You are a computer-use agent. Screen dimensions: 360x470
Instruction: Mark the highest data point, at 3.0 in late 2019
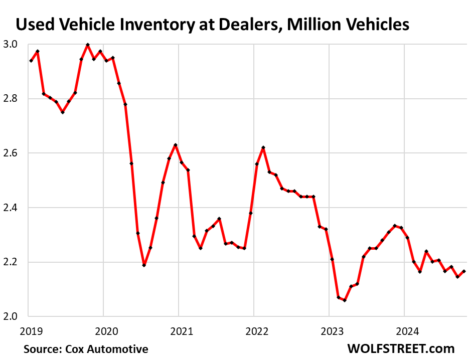(x=88, y=45)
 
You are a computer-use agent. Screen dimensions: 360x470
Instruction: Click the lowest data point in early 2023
(x=345, y=300)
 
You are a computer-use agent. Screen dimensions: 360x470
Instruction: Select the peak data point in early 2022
(x=263, y=147)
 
